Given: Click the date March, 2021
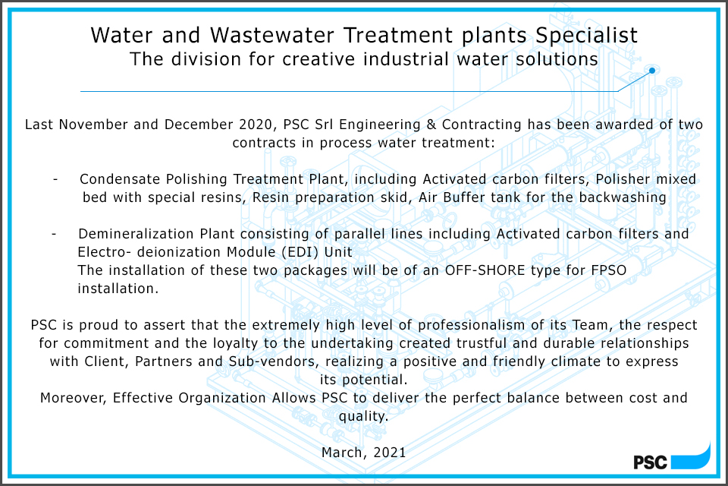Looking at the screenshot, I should [364, 452].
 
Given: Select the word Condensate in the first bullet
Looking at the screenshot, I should [117, 178].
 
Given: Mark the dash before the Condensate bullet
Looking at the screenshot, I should [56, 178].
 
